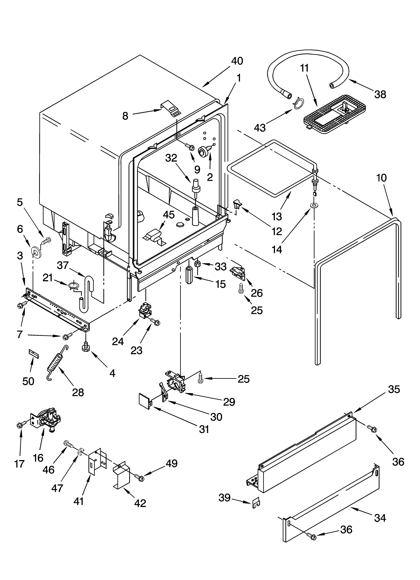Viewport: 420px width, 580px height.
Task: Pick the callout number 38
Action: point(380,94)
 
